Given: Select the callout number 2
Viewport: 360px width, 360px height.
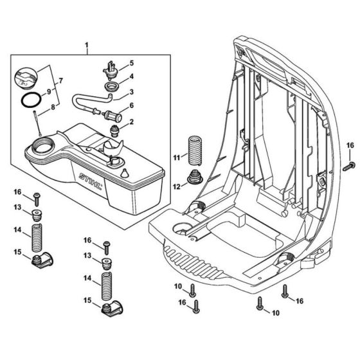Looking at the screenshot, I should click(132, 122).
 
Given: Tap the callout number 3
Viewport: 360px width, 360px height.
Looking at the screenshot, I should click(131, 92).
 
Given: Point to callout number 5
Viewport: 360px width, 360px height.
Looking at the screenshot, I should click(131, 64).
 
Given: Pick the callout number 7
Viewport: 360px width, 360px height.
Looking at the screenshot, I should click(62, 80).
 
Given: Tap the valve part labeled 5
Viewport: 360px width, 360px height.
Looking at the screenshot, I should click(110, 66).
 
